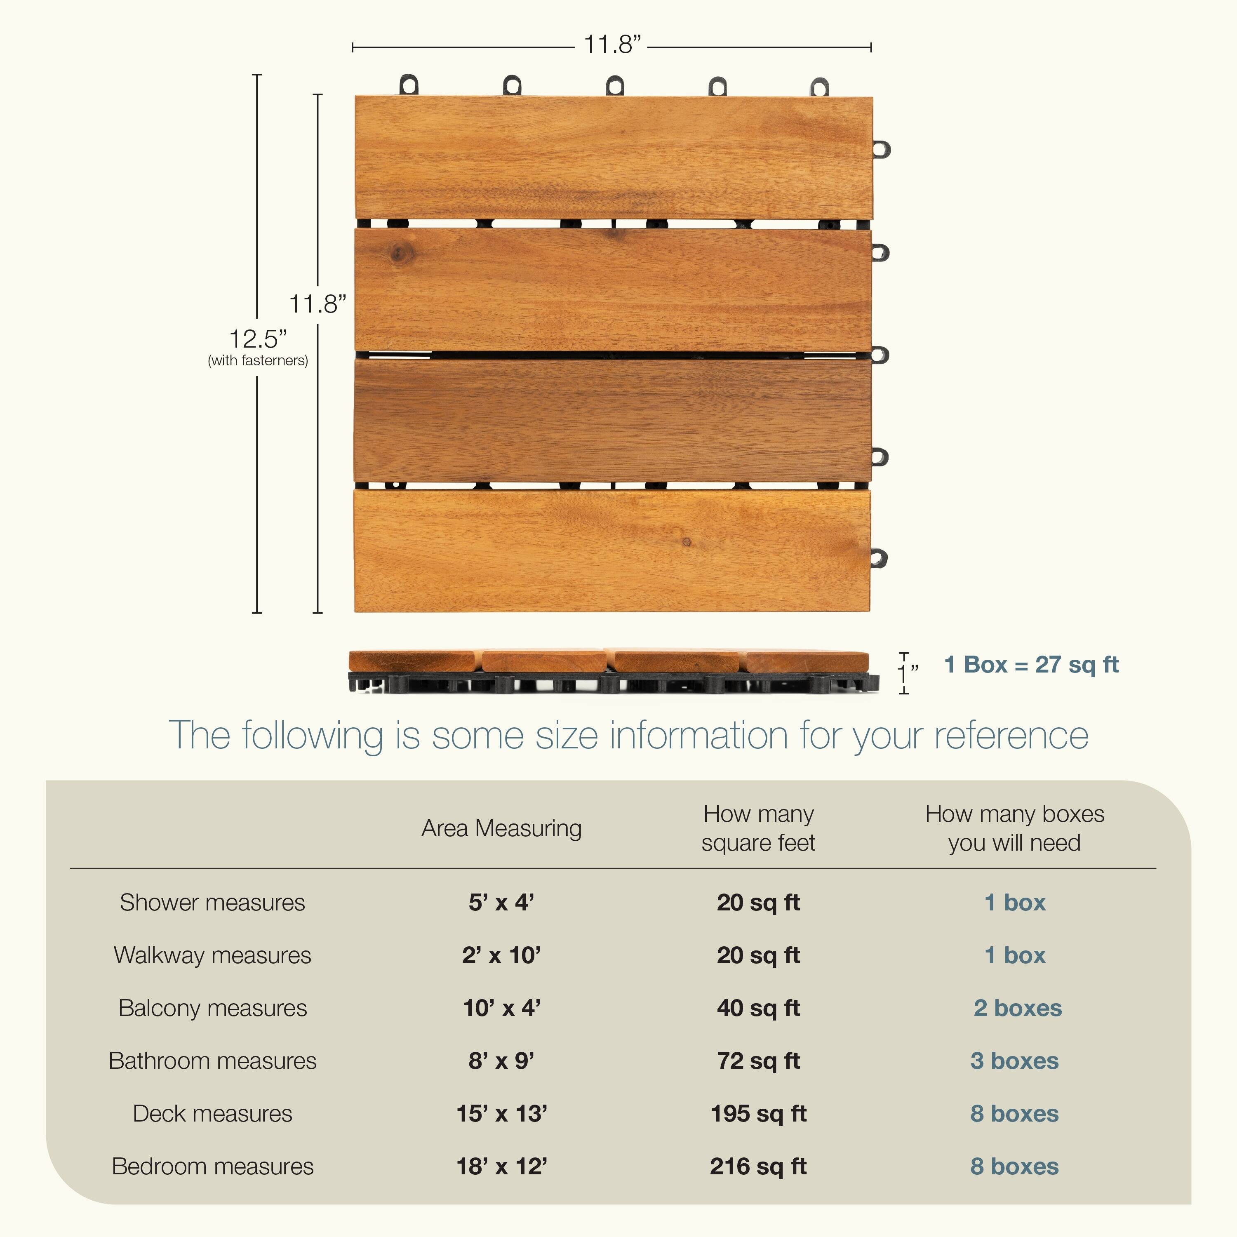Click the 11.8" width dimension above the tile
pyautogui.click(x=611, y=45)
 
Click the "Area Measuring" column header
pyautogui.click(x=501, y=828)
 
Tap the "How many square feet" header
pyautogui.click(x=758, y=828)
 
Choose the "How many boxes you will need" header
pyautogui.click(x=1014, y=828)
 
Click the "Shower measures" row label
pyautogui.click(x=213, y=903)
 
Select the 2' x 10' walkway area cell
pyautogui.click(x=501, y=955)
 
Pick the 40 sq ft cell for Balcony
pyautogui.click(x=758, y=1009)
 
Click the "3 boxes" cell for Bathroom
pyautogui.click(x=1014, y=1061)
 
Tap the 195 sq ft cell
pyautogui.click(x=758, y=1114)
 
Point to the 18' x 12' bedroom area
pyautogui.click(x=501, y=1166)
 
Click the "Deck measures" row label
pyautogui.click(x=213, y=1114)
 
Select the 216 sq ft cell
pyautogui.click(x=758, y=1166)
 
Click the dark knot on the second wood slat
pyautogui.click(x=399, y=254)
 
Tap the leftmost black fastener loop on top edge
pyautogui.click(x=409, y=85)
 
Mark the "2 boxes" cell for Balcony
pyautogui.click(x=1017, y=1009)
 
